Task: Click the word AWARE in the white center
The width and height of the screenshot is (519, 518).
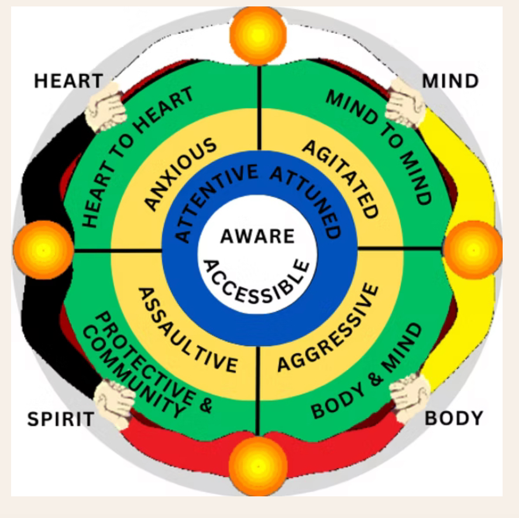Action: [257, 236]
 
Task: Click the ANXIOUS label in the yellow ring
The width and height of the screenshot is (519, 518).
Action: [180, 174]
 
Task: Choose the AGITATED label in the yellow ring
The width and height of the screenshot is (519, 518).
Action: [342, 179]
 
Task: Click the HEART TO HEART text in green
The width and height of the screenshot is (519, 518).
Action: [136, 156]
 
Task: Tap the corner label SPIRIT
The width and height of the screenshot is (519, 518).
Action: [61, 419]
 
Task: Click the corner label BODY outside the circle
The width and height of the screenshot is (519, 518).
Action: [454, 418]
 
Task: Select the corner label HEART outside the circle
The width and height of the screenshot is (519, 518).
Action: [68, 81]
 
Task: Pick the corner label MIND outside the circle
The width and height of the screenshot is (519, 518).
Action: [451, 81]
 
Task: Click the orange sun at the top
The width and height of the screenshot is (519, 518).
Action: [258, 36]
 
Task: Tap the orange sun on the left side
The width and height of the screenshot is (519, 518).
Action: [43, 250]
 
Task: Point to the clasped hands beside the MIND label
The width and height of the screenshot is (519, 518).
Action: [406, 102]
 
